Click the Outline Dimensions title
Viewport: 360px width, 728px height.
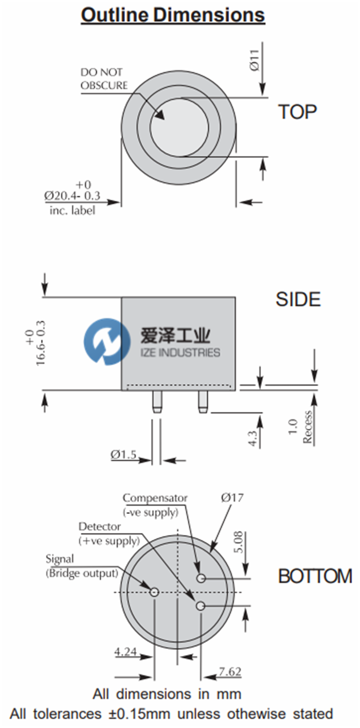tap(173, 15)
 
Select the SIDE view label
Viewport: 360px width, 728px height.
tap(298, 299)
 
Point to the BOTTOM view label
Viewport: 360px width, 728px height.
tap(315, 576)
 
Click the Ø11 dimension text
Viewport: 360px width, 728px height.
tap(253, 61)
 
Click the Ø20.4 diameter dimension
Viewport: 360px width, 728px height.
tap(72, 196)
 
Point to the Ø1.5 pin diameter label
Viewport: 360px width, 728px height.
tap(123, 455)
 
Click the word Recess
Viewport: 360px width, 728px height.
tap(308, 428)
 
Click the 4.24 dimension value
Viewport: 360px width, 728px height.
tap(125, 653)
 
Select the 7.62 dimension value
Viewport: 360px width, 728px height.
tap(229, 672)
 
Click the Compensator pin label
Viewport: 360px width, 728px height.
tap(155, 498)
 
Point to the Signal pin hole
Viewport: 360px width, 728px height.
tap(154, 592)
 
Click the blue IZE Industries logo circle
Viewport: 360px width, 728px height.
tap(107, 341)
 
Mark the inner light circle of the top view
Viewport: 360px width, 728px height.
tap(179, 128)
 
